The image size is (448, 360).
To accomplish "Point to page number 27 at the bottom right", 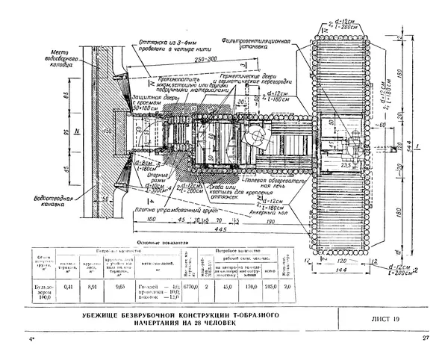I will pyautogui.click(x=425, y=341).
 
